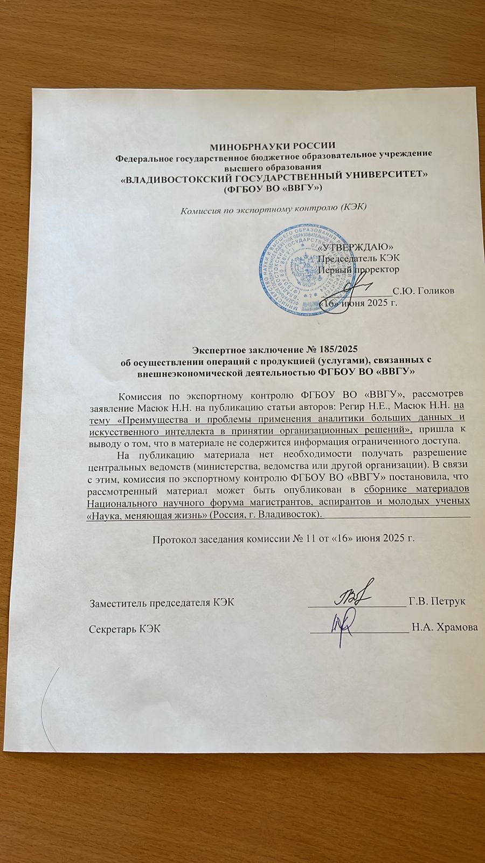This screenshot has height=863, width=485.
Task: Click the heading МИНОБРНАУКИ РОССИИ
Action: (x=272, y=145)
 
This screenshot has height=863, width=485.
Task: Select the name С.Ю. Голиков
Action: (x=423, y=291)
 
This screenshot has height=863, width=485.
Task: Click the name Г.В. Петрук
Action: (x=437, y=601)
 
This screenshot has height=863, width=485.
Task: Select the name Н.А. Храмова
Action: (x=444, y=627)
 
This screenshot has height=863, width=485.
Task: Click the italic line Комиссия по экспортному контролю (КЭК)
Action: (x=273, y=208)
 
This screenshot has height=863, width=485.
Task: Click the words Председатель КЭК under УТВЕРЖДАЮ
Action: (x=358, y=258)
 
